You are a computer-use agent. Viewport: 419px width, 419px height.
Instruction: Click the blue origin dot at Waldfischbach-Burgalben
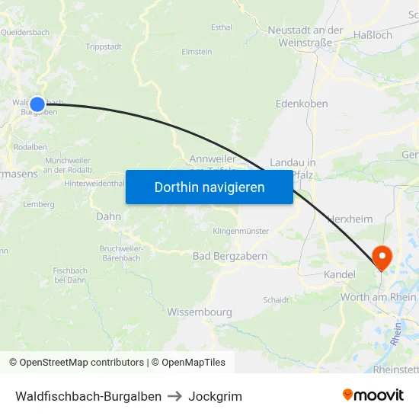tap(37, 104)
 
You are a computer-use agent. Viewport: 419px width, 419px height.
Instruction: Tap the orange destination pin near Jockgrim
tap(379, 257)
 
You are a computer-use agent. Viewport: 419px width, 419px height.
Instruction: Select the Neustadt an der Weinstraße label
tap(305, 37)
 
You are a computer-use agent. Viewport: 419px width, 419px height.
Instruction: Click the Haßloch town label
tap(374, 35)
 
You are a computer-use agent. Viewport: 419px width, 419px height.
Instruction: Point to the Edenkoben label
tap(302, 104)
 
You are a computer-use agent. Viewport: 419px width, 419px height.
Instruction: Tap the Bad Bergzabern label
tap(230, 257)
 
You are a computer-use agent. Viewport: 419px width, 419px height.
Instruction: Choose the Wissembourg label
tap(200, 312)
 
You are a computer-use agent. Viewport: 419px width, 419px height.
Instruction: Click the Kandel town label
tap(340, 273)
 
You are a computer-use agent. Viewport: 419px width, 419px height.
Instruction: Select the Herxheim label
tap(350, 219)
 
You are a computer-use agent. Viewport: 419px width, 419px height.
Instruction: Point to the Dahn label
tap(109, 216)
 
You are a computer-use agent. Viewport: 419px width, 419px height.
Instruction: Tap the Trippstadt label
tap(104, 46)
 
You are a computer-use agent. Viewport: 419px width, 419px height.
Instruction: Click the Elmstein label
tap(197, 52)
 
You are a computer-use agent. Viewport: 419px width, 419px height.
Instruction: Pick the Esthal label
tap(222, 27)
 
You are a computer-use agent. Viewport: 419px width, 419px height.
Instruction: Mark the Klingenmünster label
tap(241, 230)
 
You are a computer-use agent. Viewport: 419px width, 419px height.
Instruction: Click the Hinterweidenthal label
tap(94, 184)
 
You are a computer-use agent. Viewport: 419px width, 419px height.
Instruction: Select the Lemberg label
tap(39, 204)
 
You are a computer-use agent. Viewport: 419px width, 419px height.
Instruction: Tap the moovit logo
tap(373, 395)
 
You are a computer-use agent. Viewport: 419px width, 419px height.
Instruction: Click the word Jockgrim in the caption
tap(216, 396)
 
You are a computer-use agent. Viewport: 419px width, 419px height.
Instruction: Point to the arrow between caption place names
tap(175, 396)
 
